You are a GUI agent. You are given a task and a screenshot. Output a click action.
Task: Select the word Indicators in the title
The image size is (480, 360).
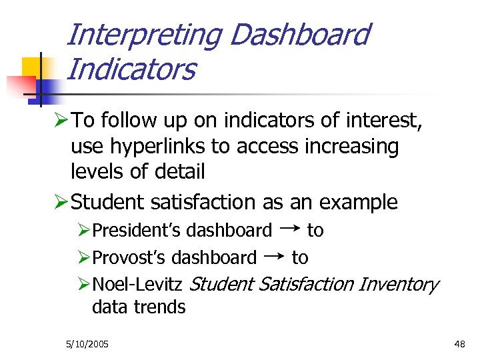pyautogui.click(x=131, y=69)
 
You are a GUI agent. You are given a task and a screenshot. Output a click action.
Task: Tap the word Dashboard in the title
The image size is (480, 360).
pyautogui.click(x=299, y=35)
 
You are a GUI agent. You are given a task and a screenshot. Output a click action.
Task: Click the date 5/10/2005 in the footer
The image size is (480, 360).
pyautogui.click(x=87, y=344)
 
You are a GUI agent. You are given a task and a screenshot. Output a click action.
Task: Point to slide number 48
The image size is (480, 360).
pyautogui.click(x=459, y=344)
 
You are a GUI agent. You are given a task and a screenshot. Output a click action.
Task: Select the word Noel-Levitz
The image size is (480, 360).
pyautogui.click(x=137, y=285)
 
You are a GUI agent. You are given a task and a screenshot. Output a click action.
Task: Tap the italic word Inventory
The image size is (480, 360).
pyautogui.click(x=398, y=285)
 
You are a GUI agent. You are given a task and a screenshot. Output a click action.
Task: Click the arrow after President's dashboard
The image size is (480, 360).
pyautogui.click(x=289, y=228)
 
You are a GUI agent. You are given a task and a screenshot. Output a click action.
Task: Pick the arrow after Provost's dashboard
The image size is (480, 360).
pyautogui.click(x=274, y=255)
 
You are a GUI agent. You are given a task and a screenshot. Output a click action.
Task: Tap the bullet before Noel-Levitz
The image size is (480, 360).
pyautogui.click(x=83, y=285)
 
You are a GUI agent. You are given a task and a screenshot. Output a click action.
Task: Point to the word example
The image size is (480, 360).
pyautogui.click(x=359, y=202)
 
